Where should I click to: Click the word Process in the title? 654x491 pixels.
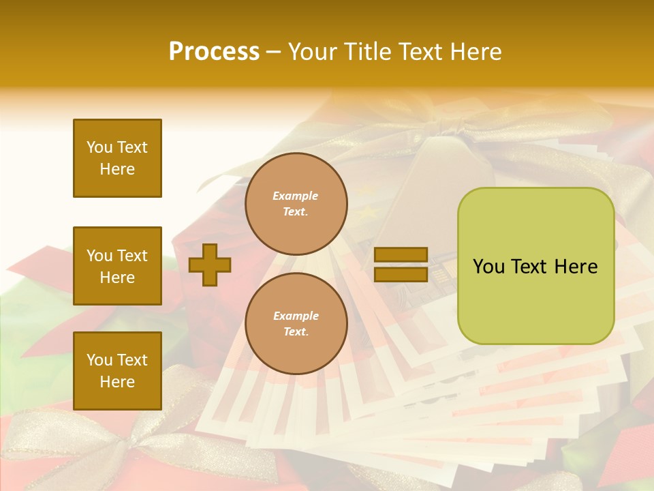point(214,52)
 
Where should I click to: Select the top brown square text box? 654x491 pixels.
point(117,158)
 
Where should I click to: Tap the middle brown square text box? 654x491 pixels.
point(117,266)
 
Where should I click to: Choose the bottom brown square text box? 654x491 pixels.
point(117,371)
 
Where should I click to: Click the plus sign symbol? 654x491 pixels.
point(210,265)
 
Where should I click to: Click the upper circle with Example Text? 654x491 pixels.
point(296,203)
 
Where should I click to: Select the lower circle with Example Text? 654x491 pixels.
point(296,323)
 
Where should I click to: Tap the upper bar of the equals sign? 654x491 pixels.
point(401,254)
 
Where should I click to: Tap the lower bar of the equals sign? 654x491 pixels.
point(401,274)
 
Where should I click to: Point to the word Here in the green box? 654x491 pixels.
point(576,267)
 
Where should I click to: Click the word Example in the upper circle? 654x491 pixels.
point(296,196)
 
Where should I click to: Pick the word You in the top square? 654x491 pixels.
point(99,147)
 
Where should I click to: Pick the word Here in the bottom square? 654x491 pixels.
point(117,382)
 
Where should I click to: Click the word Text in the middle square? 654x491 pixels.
point(132,256)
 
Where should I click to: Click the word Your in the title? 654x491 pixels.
point(312,52)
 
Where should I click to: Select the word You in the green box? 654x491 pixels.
point(488,267)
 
